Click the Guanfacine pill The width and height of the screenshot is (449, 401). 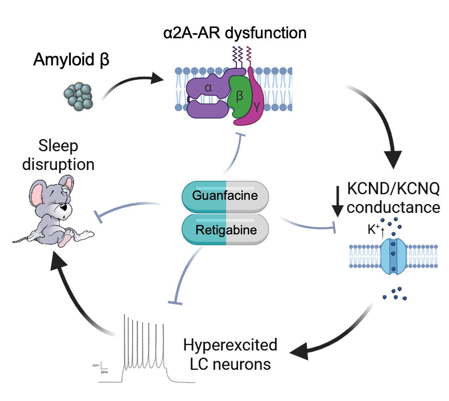click(225, 196)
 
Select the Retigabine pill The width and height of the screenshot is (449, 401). click(225, 230)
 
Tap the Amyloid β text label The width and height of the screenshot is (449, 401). click(71, 60)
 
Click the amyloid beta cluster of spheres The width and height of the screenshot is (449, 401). click(79, 96)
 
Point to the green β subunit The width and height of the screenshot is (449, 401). click(240, 96)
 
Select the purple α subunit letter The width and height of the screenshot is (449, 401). click(208, 88)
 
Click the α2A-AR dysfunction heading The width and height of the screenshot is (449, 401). click(235, 33)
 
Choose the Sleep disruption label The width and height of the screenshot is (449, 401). click(58, 155)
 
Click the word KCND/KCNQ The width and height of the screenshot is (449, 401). click(393, 189)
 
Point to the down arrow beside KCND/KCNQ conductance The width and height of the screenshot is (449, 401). click(338, 201)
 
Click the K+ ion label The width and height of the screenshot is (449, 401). click(373, 229)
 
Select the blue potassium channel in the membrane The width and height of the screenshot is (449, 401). click(393, 256)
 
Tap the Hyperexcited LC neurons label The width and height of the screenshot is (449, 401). click(230, 354)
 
